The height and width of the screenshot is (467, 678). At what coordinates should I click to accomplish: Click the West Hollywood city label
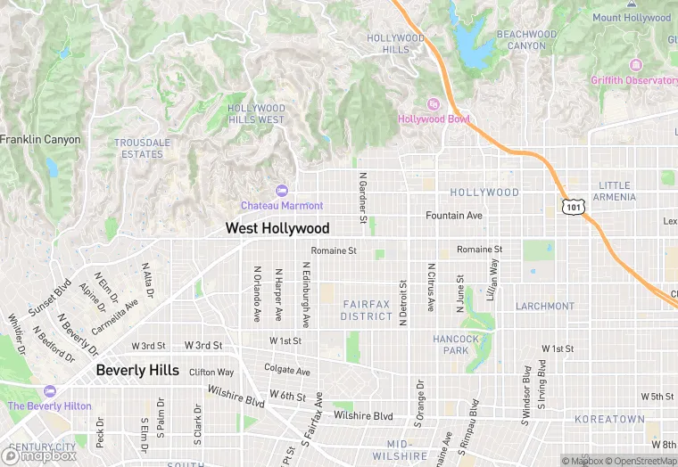click(x=277, y=229)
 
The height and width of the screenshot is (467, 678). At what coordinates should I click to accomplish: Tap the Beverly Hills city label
click(x=137, y=370)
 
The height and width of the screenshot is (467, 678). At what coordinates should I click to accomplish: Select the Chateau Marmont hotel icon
click(x=282, y=190)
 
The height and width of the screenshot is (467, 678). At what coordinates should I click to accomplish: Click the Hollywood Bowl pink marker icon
click(x=434, y=104)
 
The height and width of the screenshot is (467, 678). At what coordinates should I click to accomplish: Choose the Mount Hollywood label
click(x=632, y=18)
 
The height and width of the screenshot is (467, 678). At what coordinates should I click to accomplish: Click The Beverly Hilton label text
click(x=49, y=406)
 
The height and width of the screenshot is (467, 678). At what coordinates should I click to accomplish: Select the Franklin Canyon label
click(x=40, y=140)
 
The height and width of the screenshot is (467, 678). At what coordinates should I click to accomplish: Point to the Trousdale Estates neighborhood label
click(x=143, y=148)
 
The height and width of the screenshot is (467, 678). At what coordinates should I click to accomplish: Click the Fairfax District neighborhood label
click(x=366, y=310)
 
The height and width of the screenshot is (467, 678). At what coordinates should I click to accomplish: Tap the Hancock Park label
click(x=456, y=344)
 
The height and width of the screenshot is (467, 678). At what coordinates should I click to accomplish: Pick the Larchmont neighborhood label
click(x=544, y=306)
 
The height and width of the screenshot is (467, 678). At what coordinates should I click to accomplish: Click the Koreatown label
click(x=609, y=419)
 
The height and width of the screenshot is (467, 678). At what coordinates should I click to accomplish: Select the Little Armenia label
click(x=615, y=191)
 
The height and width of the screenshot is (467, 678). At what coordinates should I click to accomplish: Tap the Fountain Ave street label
click(x=453, y=216)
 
